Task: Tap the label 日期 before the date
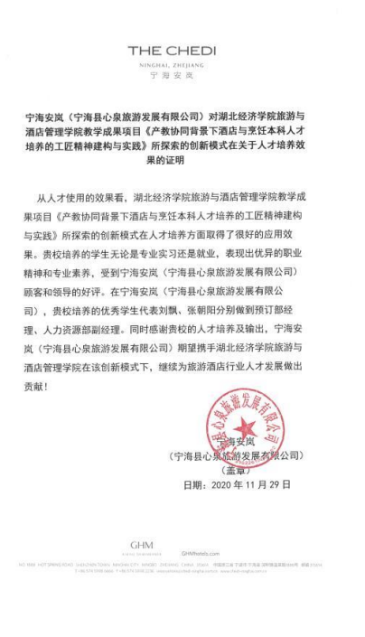(x=193, y=485)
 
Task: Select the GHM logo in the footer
(x=140, y=545)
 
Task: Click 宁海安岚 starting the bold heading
(x=45, y=117)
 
